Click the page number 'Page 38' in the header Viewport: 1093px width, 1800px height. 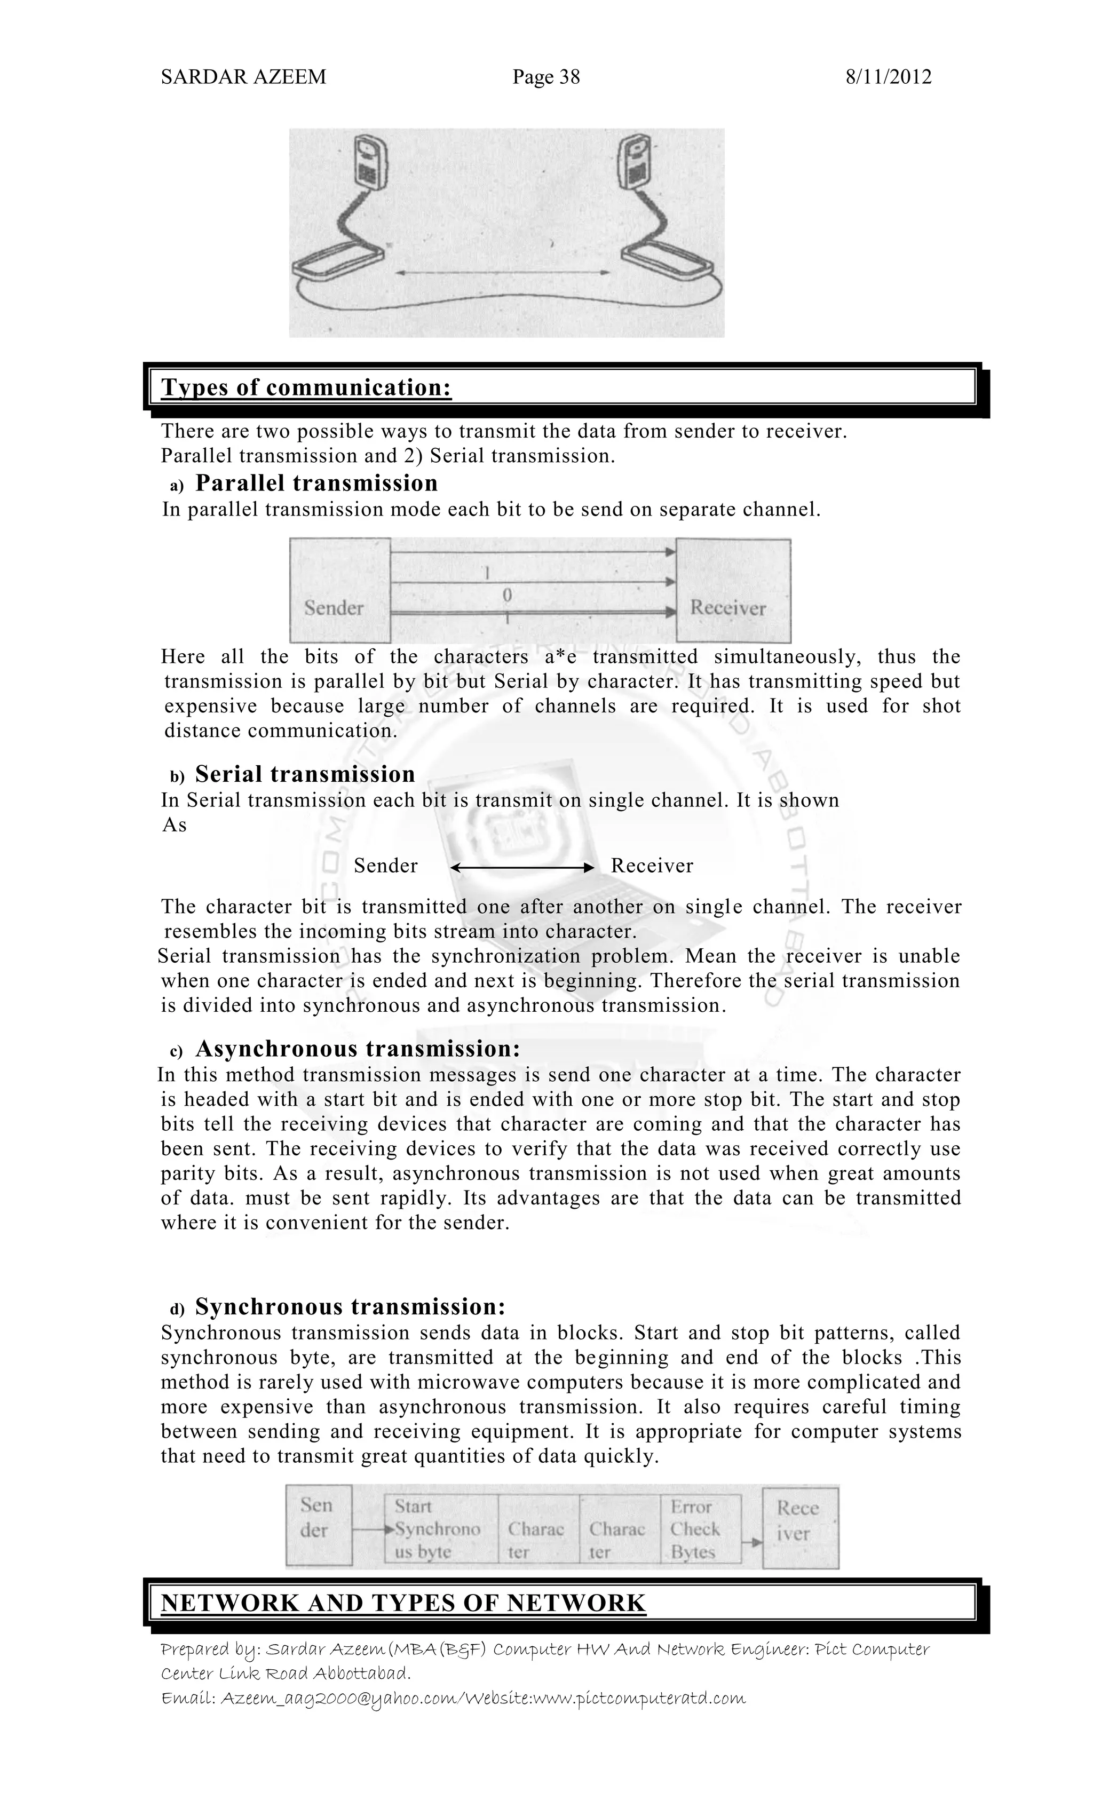pos(546,77)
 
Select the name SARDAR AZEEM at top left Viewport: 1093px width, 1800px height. pos(243,77)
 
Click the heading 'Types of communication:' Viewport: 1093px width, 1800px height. pos(306,387)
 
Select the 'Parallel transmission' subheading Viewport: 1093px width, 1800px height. pos(316,483)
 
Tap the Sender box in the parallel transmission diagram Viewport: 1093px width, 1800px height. pos(340,590)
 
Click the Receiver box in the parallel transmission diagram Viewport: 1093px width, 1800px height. pos(733,590)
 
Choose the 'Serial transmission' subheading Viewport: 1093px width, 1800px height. pos(305,774)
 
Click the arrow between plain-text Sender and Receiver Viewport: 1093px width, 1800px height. pos(521,867)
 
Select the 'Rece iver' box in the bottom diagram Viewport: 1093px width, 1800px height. pos(800,1528)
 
